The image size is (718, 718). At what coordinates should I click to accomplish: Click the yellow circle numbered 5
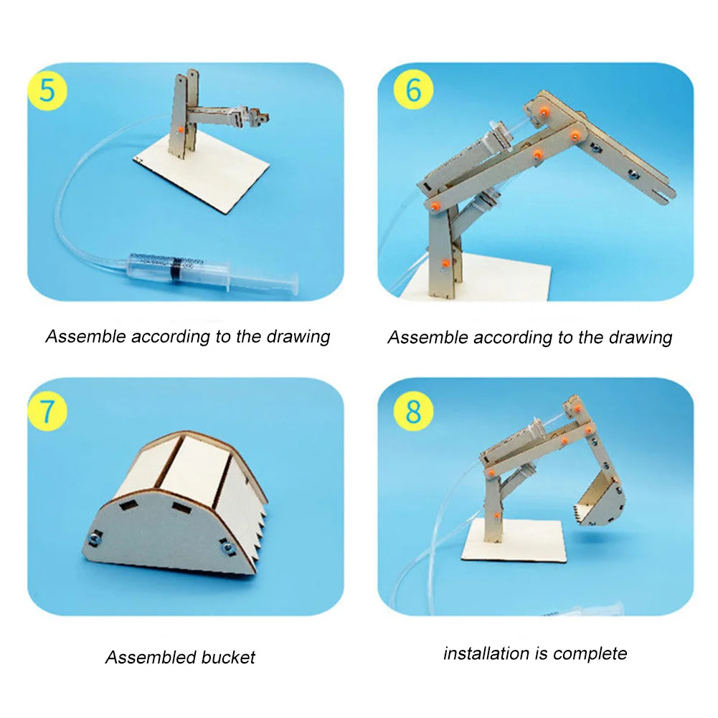coord(47,93)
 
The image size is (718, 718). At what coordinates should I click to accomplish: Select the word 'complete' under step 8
coord(590,653)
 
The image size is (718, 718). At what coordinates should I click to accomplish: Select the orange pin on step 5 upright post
coord(174,128)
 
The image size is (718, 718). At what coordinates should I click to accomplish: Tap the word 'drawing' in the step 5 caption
coord(298,337)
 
